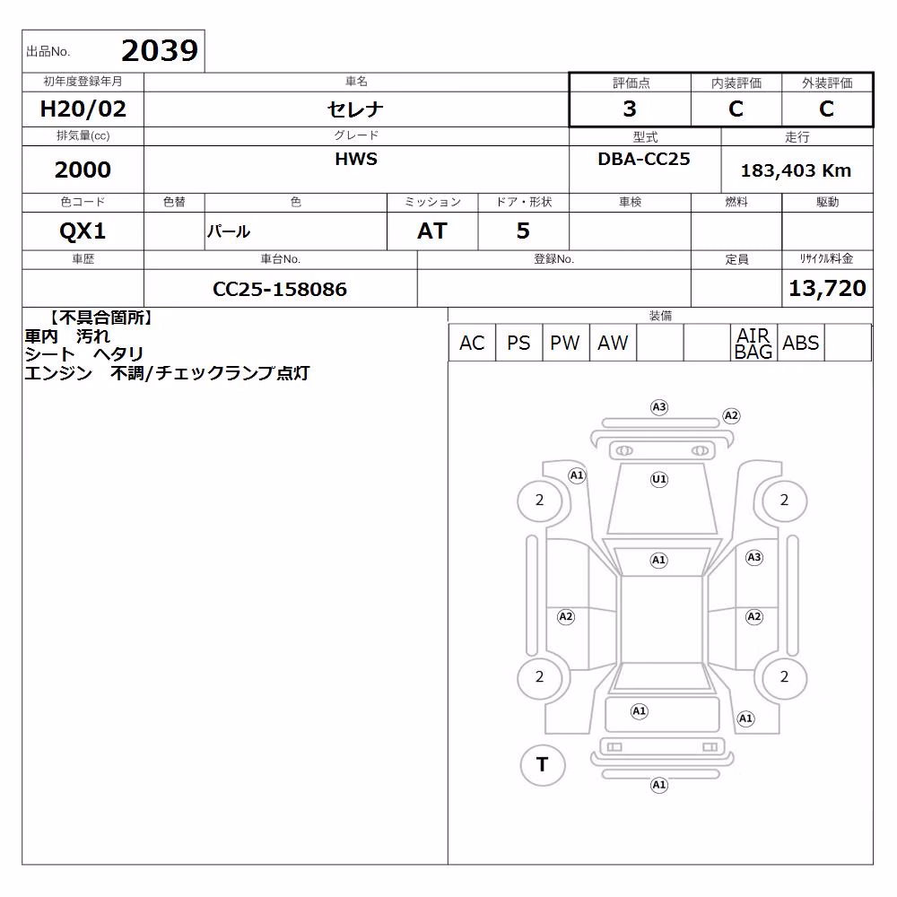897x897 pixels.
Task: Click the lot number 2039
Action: (x=160, y=50)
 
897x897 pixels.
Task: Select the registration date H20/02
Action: (x=83, y=109)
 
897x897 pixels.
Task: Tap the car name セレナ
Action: (x=355, y=109)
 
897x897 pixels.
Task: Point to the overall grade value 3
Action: (x=630, y=109)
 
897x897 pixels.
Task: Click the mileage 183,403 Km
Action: (x=796, y=170)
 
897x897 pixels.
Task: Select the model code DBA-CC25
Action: (x=643, y=159)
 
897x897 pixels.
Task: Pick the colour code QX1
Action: (x=83, y=231)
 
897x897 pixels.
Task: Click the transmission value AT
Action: (x=432, y=231)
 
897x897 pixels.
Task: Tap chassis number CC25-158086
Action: (x=280, y=289)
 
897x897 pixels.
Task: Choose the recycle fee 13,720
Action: (x=827, y=288)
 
